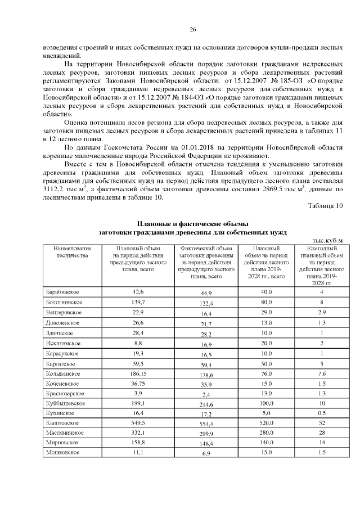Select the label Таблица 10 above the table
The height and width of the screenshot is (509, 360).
[325, 206]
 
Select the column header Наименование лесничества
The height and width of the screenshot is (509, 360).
[73, 251]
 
